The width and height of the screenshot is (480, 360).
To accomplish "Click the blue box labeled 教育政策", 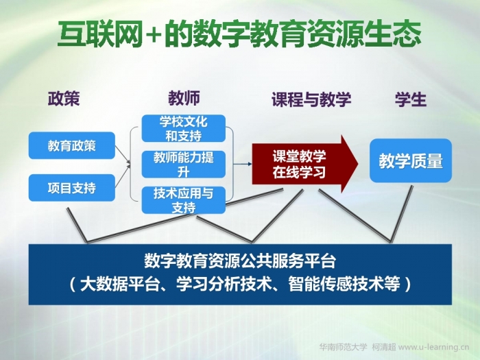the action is [72, 145].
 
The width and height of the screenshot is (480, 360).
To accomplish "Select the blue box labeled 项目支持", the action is [72, 188].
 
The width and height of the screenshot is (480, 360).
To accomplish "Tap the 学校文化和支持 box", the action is [183, 129].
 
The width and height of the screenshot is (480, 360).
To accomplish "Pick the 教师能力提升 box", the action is [183, 165].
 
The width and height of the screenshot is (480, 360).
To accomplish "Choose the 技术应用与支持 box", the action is [183, 200].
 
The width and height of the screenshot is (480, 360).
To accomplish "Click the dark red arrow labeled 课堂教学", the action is [304, 164].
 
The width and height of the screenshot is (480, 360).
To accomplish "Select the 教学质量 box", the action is [411, 160].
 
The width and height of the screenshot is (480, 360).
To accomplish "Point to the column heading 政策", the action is [64, 98].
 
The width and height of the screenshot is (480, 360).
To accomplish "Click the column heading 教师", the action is [184, 98].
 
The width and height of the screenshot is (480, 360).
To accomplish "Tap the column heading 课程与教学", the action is [311, 99].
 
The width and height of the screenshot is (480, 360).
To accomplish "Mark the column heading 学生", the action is [411, 99].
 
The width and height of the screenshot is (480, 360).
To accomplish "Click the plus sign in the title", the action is [152, 34].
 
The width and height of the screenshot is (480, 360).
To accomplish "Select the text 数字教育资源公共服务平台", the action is [240, 261].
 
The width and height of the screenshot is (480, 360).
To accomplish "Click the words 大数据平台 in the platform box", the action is [120, 284].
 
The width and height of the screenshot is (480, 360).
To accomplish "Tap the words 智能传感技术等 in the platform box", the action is [344, 284].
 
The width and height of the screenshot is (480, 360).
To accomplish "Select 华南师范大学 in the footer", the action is [343, 347].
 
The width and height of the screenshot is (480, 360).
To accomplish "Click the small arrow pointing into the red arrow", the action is [243, 164].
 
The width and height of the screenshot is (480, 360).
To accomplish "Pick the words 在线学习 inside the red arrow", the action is [299, 172].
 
